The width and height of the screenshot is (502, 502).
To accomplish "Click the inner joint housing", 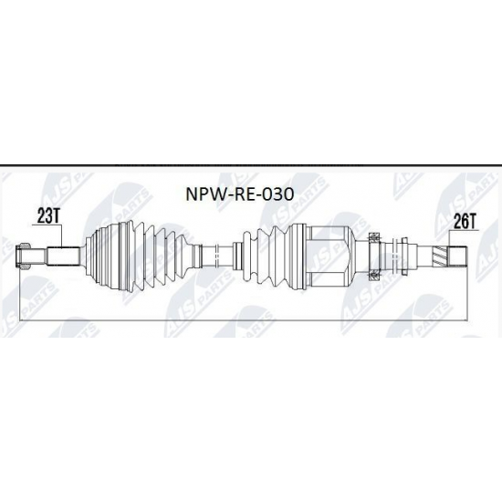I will click(x=329, y=249).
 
